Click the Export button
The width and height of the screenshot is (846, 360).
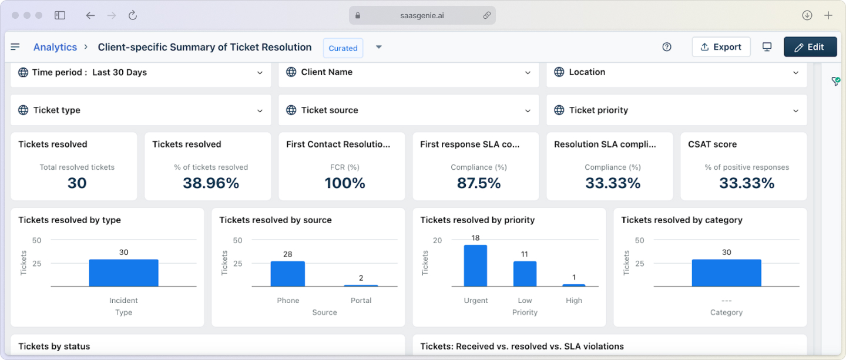click(721, 47)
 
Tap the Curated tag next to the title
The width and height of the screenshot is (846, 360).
click(343, 48)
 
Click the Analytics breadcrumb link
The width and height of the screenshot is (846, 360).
click(55, 47)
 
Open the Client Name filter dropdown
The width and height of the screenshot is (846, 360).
click(408, 72)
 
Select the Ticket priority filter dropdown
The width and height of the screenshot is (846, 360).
click(676, 110)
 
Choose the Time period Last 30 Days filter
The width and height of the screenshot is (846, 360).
click(140, 72)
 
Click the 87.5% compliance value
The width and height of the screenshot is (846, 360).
click(478, 183)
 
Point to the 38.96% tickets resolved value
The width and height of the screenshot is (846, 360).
click(210, 183)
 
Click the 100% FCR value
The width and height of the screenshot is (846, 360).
click(345, 183)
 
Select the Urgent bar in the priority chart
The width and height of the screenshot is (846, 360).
click(475, 266)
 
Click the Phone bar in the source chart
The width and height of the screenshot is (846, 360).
click(288, 274)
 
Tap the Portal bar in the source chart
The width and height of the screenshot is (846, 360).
click(361, 285)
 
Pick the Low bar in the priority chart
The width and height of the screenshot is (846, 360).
click(525, 274)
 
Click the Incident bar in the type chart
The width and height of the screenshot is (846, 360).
click(123, 273)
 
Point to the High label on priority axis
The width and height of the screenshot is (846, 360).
click(574, 300)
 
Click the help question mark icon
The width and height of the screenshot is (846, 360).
click(666, 47)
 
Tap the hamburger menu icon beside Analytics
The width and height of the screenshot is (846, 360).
click(15, 47)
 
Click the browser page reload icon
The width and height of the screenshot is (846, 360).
click(133, 15)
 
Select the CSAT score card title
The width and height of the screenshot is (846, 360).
click(712, 144)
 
